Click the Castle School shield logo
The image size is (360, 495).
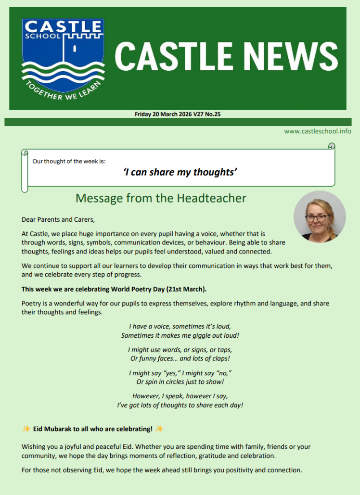[x=62, y=58]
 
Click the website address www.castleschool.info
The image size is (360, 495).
[x=317, y=131]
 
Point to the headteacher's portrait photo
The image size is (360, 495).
[x=320, y=216]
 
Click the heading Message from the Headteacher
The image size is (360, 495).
[x=161, y=198]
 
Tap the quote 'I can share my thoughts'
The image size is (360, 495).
[x=180, y=172]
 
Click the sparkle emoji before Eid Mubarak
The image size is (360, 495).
[x=26, y=428]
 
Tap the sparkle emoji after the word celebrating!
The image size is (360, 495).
[x=159, y=428]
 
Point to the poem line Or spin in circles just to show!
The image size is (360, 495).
[x=180, y=381]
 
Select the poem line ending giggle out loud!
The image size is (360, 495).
[x=180, y=335]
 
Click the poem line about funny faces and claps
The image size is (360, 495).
[x=180, y=358]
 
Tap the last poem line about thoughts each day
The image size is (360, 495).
[x=180, y=405]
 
